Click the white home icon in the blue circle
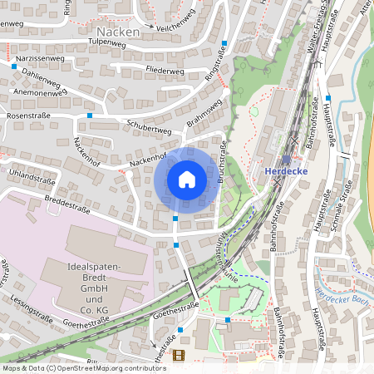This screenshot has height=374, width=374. [187, 179]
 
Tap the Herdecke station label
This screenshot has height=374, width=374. [287, 171]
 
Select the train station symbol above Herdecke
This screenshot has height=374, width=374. [287, 160]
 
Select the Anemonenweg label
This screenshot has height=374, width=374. [37, 93]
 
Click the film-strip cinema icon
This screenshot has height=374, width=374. [178, 355]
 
